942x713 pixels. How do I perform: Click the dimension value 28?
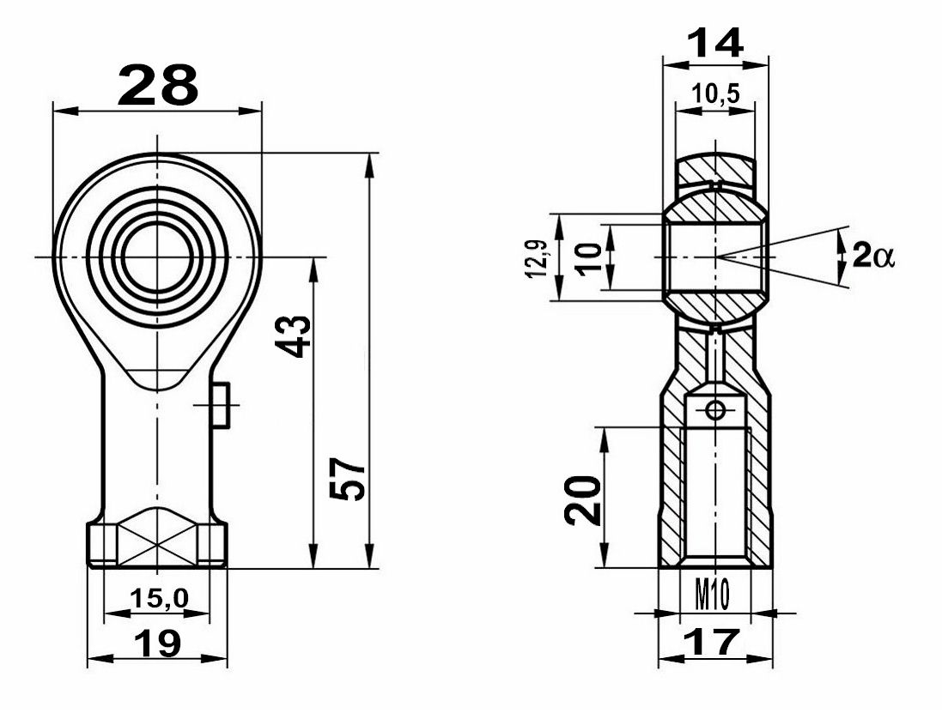(158, 85)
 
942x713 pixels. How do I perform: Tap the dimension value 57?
(348, 480)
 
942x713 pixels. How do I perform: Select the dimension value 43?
(293, 336)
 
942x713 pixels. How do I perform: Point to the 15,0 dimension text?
(159, 598)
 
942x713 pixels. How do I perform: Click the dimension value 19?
(157, 644)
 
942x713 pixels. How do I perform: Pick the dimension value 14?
(715, 44)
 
